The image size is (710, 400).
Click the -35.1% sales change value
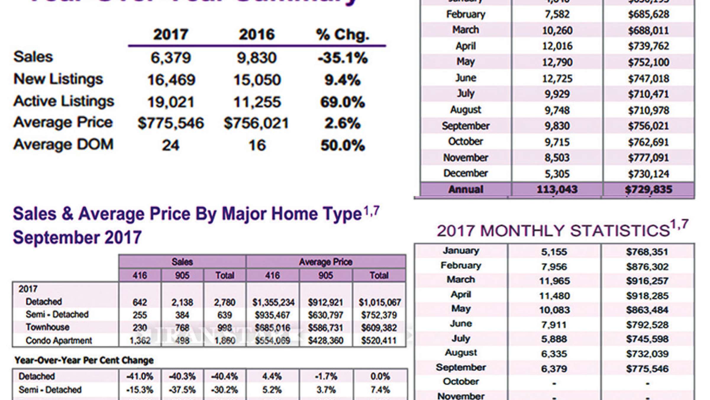tap(342, 58)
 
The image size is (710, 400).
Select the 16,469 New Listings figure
tap(171, 80)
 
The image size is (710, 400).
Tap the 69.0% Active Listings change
tap(342, 102)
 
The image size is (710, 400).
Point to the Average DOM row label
tap(63, 145)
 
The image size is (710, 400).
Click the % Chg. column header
tap(343, 35)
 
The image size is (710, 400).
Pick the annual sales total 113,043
tap(557, 189)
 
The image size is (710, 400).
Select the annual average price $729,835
tap(648, 189)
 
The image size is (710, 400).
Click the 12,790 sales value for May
tap(557, 62)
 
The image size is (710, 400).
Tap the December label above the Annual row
tap(465, 173)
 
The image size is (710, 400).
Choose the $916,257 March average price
tap(647, 281)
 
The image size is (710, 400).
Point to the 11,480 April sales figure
tap(554, 296)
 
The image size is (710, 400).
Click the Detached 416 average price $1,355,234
tap(273, 303)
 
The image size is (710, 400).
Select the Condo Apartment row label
tap(59, 341)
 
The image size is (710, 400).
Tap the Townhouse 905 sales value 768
tap(182, 328)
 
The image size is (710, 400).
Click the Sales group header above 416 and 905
tap(182, 262)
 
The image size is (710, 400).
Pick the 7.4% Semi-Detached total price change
tap(380, 390)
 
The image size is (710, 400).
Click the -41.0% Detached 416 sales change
tap(140, 377)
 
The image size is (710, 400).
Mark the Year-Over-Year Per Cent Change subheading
tap(84, 360)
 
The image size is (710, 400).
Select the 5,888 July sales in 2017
tap(554, 339)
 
